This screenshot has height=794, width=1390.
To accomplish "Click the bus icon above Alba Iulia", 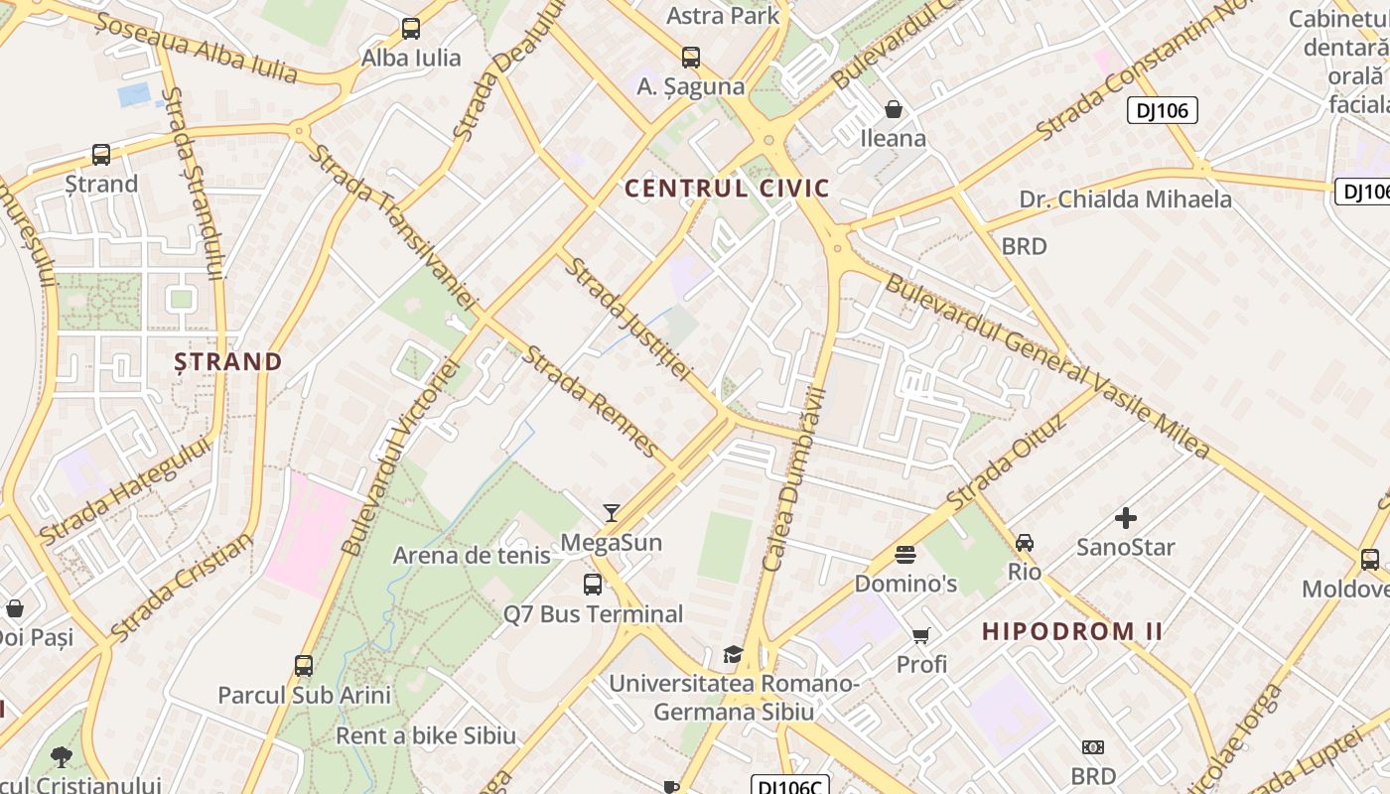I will (x=411, y=29).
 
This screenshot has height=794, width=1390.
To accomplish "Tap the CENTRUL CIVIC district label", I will (x=727, y=188).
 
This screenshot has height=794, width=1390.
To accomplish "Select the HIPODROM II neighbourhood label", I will (x=1072, y=631).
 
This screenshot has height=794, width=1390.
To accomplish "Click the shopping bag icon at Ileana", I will (x=894, y=109).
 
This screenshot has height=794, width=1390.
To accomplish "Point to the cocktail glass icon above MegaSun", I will (x=612, y=513).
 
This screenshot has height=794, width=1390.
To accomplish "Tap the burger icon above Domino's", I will (x=905, y=554).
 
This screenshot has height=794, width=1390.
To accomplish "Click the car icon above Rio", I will (x=1025, y=543).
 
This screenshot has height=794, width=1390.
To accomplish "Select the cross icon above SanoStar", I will (x=1126, y=518).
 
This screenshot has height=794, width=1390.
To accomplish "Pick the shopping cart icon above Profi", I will (x=921, y=635).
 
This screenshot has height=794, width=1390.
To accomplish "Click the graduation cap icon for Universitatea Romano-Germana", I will (x=733, y=654).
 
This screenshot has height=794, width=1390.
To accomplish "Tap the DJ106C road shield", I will (x=788, y=786).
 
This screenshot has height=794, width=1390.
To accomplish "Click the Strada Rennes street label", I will (x=592, y=401).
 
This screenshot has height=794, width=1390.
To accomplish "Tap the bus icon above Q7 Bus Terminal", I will (x=593, y=585).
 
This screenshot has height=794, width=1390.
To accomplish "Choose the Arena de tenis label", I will (x=472, y=555).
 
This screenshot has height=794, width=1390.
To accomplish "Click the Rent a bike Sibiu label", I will (x=426, y=735).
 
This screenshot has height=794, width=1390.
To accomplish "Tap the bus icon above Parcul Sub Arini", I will (x=304, y=666).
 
